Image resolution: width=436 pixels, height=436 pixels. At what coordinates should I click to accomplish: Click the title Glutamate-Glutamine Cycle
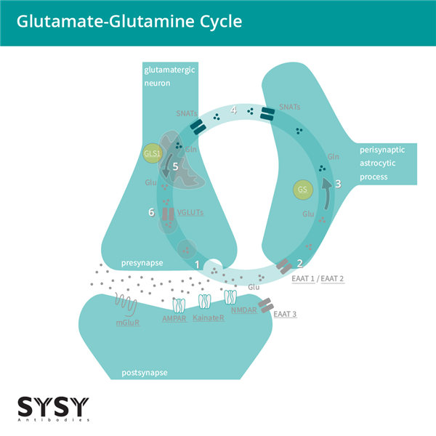(129, 22)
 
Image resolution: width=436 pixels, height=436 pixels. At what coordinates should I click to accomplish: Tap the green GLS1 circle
(153, 153)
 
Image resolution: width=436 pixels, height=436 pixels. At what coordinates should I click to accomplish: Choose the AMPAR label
(177, 318)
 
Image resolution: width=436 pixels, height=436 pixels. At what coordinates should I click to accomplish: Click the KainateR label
(209, 318)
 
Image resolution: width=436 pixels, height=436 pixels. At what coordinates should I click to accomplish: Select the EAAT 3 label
(286, 315)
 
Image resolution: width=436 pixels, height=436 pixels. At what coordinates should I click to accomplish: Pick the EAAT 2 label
(332, 278)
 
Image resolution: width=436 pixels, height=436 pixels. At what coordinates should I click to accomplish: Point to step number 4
(233, 110)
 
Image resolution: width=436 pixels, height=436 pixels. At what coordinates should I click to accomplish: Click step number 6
(151, 212)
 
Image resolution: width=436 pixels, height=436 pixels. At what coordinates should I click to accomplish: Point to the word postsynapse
(145, 372)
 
